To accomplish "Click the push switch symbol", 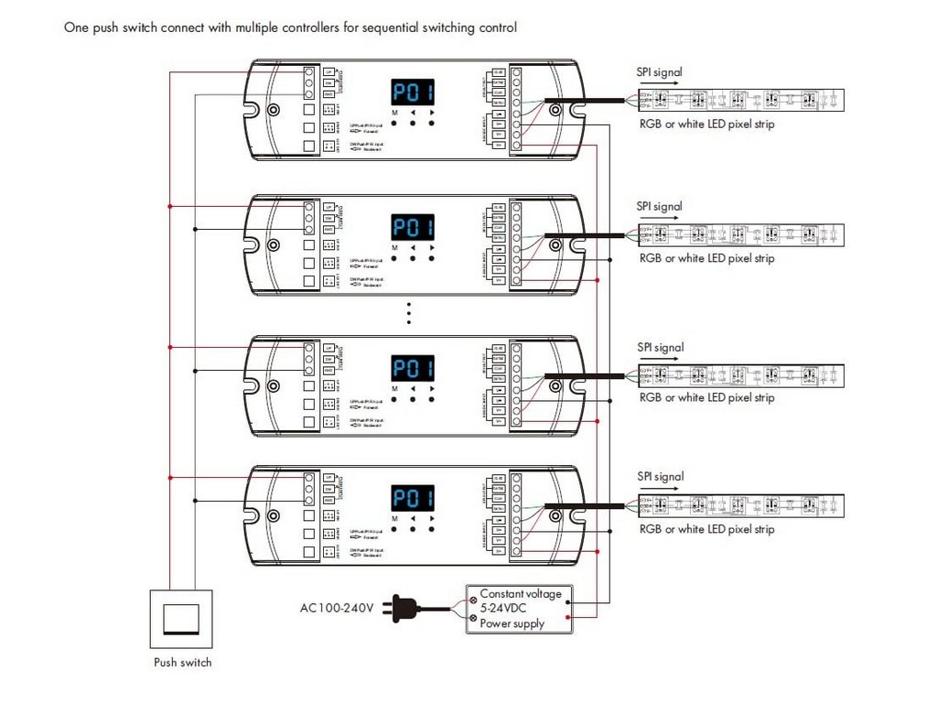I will (x=181, y=619).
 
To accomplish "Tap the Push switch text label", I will (x=182, y=663).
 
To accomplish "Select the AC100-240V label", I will (x=336, y=608).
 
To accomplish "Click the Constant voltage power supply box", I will (x=520, y=609).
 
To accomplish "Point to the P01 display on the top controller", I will (x=413, y=92).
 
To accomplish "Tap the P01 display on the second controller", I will (x=413, y=228).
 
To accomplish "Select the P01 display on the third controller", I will (x=413, y=369).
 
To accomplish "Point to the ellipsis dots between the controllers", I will (x=410, y=312).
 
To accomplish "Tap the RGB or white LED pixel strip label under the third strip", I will (x=706, y=398).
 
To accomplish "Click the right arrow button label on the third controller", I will (x=432, y=389).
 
